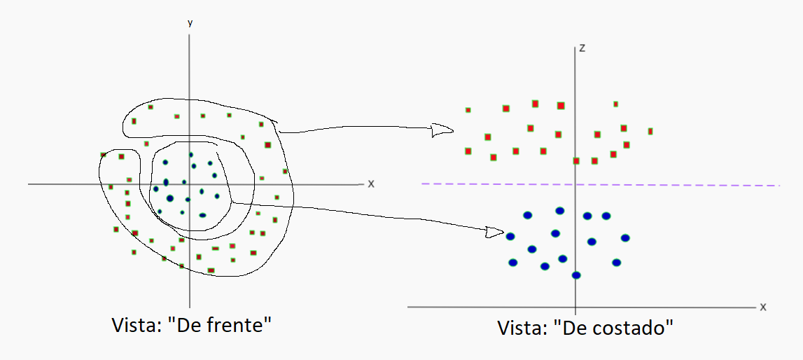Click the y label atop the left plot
click(x=190, y=23)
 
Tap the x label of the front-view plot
click(x=371, y=184)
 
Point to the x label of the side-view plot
click(x=763, y=307)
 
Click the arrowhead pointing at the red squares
click(x=442, y=130)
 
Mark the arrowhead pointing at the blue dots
click(x=495, y=231)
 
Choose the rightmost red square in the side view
click(x=650, y=131)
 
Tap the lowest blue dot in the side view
click(x=576, y=275)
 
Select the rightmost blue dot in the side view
click(x=625, y=238)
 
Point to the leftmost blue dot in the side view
click(x=510, y=236)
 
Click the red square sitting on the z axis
click(x=576, y=160)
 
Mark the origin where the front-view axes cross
click(x=189, y=184)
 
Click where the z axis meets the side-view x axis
click(x=575, y=307)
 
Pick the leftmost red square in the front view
click(x=103, y=154)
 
